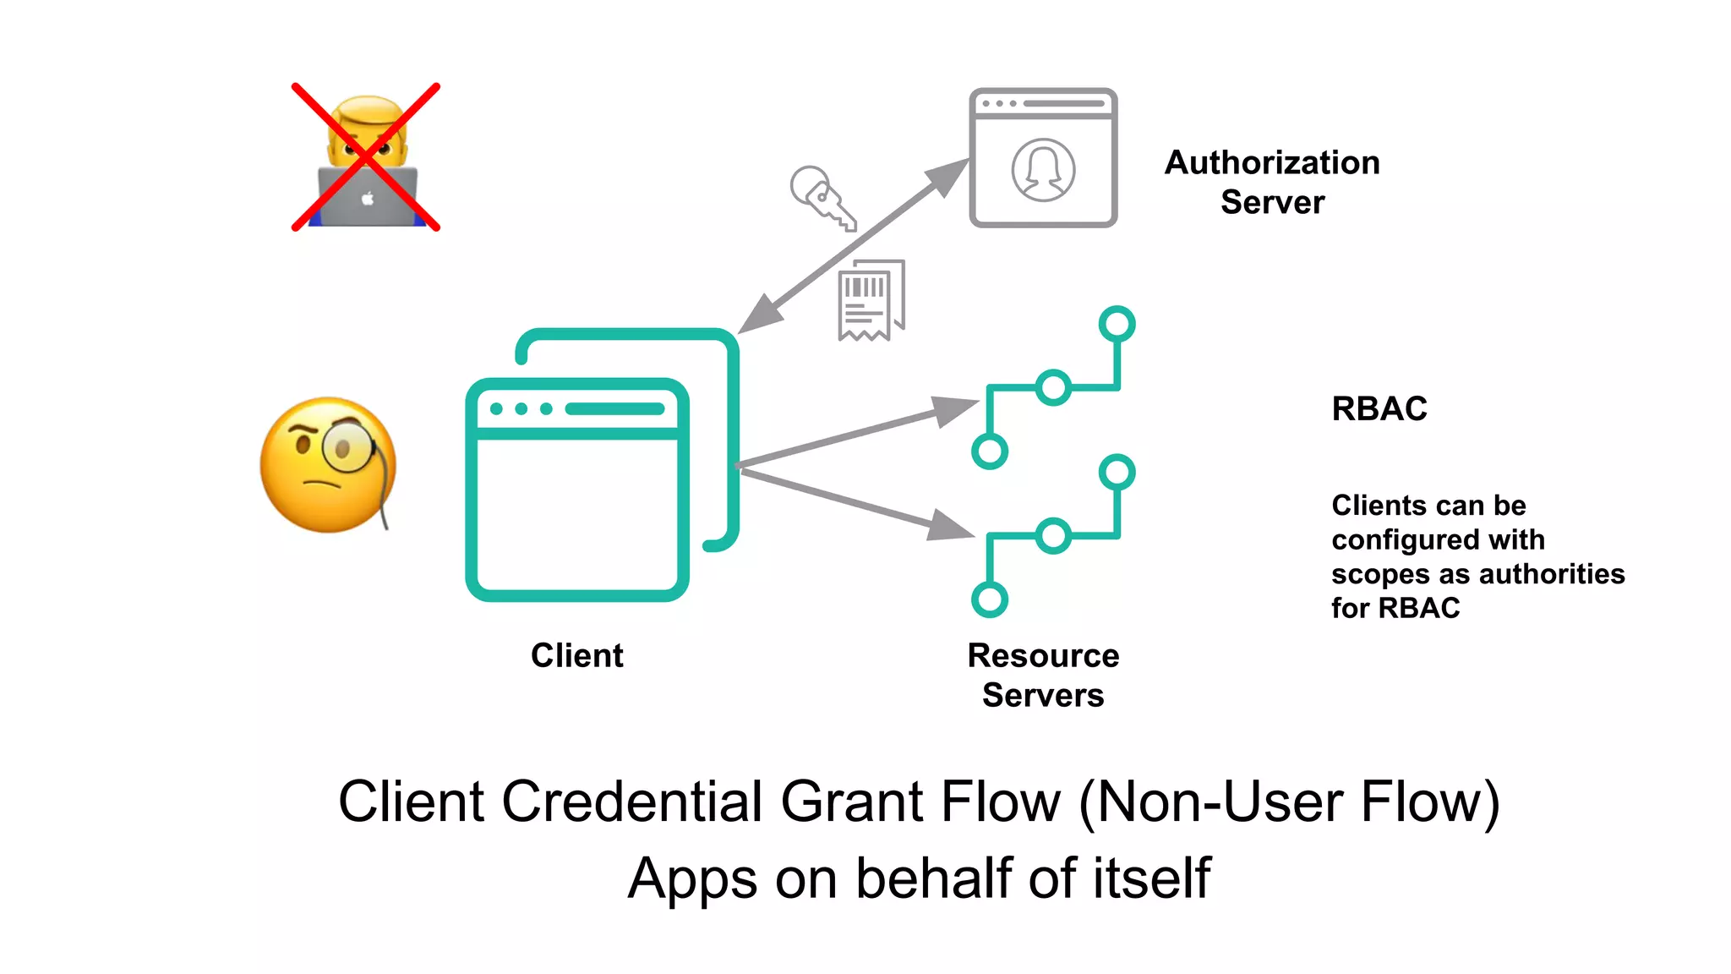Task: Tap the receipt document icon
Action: (x=871, y=300)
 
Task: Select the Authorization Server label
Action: (x=1272, y=182)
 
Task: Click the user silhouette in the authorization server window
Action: (x=1043, y=170)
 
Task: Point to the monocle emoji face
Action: (x=328, y=465)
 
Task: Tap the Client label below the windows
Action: (x=576, y=655)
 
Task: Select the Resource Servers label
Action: (x=1043, y=675)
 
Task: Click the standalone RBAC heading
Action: (x=1379, y=408)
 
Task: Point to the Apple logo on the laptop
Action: (x=368, y=199)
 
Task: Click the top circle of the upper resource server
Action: (x=1117, y=324)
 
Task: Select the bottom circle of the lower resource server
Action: (x=989, y=599)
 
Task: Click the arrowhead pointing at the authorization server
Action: (x=949, y=176)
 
